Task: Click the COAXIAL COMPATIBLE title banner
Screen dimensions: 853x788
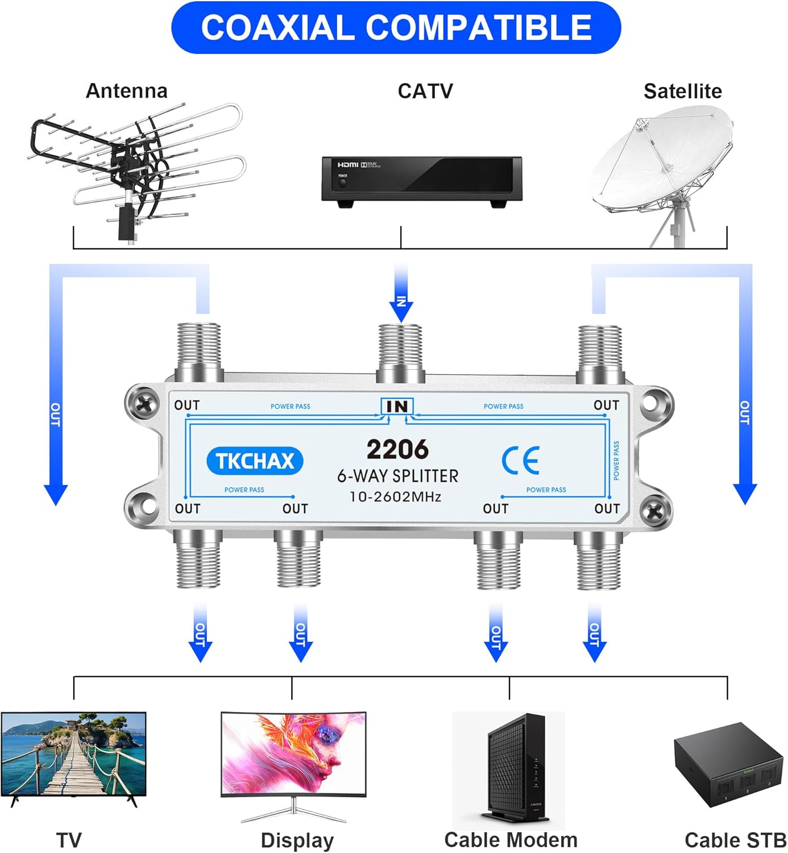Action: [396, 28]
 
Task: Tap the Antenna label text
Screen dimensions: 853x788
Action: [126, 91]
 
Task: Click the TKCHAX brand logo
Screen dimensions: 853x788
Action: [255, 461]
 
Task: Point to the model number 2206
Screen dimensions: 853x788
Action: [397, 449]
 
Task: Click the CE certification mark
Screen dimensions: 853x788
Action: [520, 461]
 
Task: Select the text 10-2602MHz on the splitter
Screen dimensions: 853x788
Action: [396, 496]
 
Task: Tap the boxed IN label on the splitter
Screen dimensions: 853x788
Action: [397, 406]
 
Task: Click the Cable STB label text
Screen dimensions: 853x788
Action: [735, 840]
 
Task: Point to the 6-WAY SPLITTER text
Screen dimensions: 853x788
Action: [397, 476]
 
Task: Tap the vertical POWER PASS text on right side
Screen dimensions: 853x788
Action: [616, 460]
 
